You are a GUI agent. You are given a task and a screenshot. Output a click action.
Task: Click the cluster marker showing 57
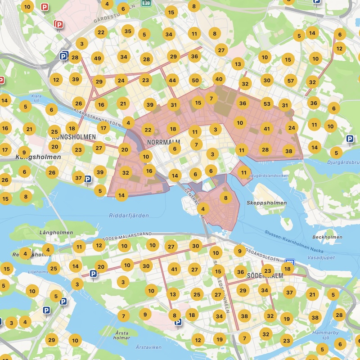click(x=290, y=81)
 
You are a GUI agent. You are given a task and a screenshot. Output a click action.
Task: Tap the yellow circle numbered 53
click(x=267, y=104)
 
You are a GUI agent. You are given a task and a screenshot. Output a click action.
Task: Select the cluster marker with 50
click(x=195, y=81)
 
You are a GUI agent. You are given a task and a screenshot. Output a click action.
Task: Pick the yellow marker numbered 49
click(x=97, y=58)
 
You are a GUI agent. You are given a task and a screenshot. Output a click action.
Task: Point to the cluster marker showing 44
click(x=172, y=81)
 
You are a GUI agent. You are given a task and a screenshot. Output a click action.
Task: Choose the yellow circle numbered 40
click(x=219, y=79)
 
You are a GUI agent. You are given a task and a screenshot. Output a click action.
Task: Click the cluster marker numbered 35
click(x=128, y=31)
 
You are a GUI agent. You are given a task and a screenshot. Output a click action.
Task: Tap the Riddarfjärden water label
click(x=129, y=216)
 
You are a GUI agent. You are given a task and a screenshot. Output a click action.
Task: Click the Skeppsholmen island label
click(x=266, y=203)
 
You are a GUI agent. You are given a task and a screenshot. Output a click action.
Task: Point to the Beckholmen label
click(x=327, y=237)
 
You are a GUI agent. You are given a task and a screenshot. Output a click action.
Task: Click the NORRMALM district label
click(x=163, y=143)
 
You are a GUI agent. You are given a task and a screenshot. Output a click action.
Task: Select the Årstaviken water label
click(x=148, y=347)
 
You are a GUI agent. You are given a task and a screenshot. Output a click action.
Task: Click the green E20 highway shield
click(x=145, y=3)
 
